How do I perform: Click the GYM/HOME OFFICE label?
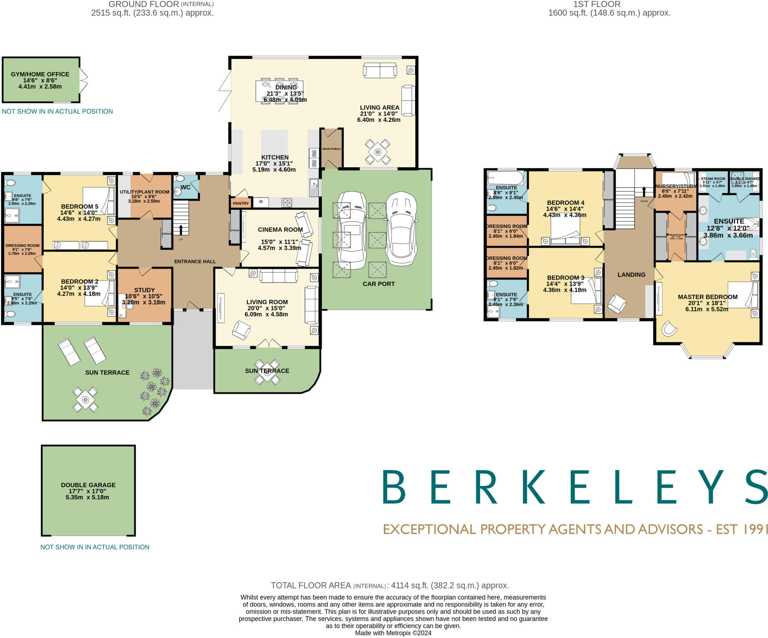point(40,74)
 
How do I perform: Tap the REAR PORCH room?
point(331,149)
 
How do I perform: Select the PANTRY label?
point(241,203)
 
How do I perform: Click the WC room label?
point(185,187)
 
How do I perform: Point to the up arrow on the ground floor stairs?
point(181,229)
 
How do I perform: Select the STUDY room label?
point(144,290)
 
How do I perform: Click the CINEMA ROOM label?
point(280,230)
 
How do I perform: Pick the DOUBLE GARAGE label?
point(88,485)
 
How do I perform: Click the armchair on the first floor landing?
point(616,304)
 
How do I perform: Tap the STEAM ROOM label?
point(712,179)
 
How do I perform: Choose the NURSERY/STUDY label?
point(675,186)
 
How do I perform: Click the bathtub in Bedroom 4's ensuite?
point(505,178)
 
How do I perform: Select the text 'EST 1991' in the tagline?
point(742,529)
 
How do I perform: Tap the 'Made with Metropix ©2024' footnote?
point(393,633)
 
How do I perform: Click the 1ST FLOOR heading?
point(597,5)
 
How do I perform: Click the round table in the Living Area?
point(378,152)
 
